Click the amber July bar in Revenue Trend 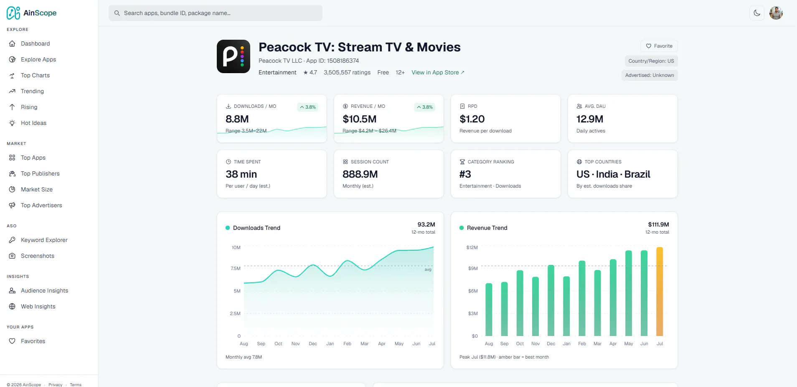[660, 291]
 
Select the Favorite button [659, 46]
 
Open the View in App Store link [438, 72]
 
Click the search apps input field [216, 13]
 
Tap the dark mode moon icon [757, 13]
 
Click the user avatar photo [776, 13]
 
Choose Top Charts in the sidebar [35, 75]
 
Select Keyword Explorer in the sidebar [44, 240]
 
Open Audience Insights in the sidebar [44, 290]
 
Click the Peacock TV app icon [234, 56]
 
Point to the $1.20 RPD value [472, 119]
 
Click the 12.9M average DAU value [590, 119]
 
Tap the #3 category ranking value [465, 174]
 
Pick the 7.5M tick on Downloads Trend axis [236, 268]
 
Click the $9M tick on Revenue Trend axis [473, 268]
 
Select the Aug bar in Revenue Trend [489, 310]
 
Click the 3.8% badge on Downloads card [308, 107]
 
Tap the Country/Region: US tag [651, 61]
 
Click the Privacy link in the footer [55, 385]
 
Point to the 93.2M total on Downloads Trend [426, 224]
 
